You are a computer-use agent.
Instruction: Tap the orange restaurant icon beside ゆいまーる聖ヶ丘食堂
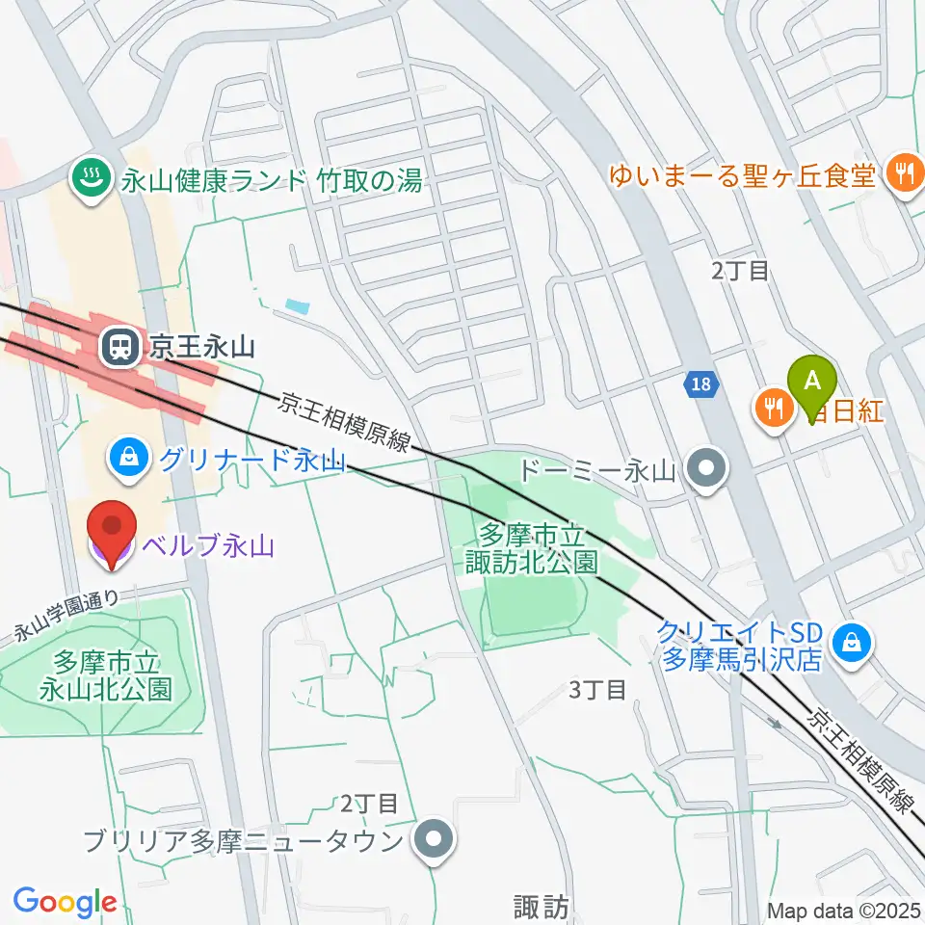tap(903, 174)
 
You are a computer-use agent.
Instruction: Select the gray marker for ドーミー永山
tap(708, 470)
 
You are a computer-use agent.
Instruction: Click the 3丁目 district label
tap(597, 690)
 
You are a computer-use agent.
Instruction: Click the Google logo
tap(65, 902)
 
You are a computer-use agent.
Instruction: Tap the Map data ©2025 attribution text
tap(844, 911)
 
